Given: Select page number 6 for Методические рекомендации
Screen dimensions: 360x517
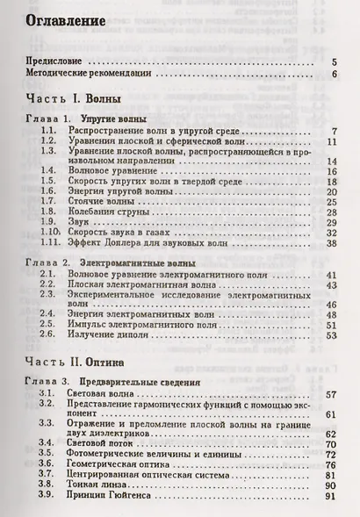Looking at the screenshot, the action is [334, 75].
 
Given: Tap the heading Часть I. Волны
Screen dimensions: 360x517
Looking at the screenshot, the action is [74, 99].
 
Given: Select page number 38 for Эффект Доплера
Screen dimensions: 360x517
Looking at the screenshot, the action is [332, 244].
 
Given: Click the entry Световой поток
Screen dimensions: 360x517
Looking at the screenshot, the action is [108, 445].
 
